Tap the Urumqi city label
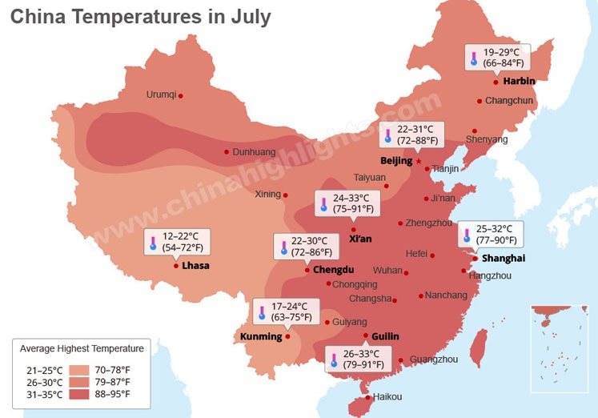click(160, 94)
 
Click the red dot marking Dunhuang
click(227, 151)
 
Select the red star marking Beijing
click(418, 161)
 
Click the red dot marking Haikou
click(368, 397)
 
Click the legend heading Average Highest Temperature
click(82, 348)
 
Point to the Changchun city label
click(508, 101)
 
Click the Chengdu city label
click(333, 270)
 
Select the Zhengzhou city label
click(429, 223)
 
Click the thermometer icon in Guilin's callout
click(334, 360)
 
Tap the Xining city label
click(267, 194)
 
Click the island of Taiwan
click(480, 345)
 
